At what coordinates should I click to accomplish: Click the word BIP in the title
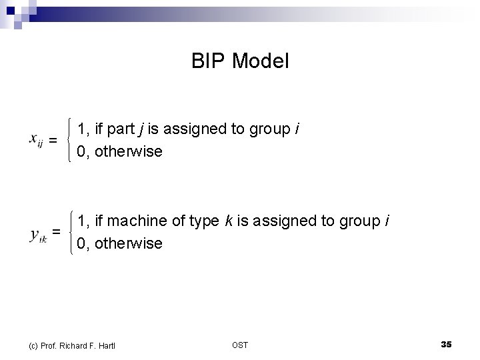point(206,62)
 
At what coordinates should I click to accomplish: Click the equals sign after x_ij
point(53,140)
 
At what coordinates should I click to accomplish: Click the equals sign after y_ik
point(57,231)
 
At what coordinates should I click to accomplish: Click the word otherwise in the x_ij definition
point(128,152)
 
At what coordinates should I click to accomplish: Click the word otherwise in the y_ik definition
point(128,244)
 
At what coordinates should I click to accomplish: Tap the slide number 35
point(446,344)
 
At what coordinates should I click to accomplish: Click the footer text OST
point(239,345)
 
